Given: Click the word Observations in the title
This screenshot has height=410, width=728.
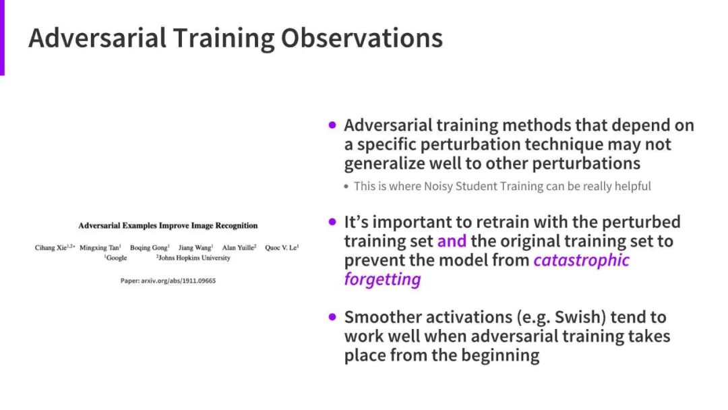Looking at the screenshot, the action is click(x=362, y=38).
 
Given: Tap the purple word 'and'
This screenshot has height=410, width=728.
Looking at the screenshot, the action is click(x=452, y=241).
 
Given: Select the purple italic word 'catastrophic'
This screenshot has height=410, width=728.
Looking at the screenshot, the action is click(x=581, y=260).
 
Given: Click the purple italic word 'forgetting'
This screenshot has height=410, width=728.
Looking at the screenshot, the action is click(x=383, y=280).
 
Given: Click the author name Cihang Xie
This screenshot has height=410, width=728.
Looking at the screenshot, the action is click(x=51, y=247).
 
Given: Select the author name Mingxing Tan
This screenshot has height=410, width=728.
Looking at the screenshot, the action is click(x=99, y=248).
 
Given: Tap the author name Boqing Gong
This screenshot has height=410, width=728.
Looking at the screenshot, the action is click(x=148, y=247).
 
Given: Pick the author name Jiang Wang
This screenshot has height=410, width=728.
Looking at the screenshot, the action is click(x=195, y=247).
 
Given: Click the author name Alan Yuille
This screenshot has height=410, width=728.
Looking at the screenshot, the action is click(x=238, y=247).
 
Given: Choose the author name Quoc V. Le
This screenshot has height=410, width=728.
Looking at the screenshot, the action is click(x=281, y=247).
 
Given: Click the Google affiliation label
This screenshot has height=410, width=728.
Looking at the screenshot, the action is click(x=117, y=258).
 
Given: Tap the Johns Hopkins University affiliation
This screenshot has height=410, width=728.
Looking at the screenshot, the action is click(x=194, y=258).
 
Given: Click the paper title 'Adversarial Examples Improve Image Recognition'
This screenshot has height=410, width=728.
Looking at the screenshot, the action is click(x=168, y=226).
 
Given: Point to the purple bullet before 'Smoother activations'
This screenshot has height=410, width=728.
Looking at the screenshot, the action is click(x=332, y=317).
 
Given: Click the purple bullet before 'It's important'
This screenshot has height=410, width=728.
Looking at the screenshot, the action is click(x=332, y=222).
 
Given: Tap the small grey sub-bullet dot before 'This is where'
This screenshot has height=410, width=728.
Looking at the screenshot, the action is click(x=346, y=187).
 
